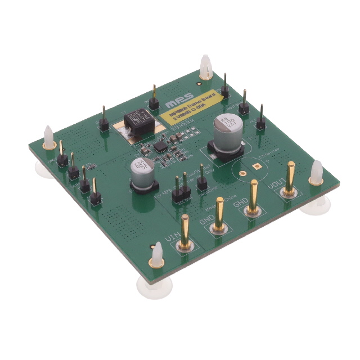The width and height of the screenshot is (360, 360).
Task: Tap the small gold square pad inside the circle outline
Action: pos(256,166)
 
